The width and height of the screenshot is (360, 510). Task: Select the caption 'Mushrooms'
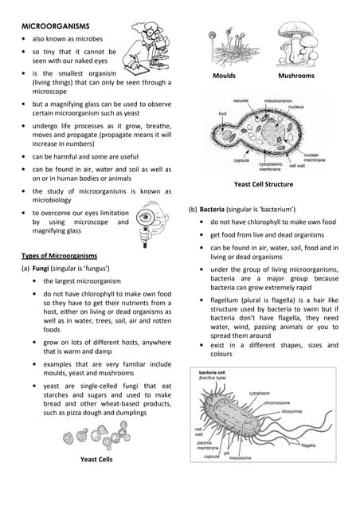click(295, 76)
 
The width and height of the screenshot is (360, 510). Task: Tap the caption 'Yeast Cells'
click(96, 460)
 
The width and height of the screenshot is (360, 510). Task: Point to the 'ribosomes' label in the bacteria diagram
click(292, 411)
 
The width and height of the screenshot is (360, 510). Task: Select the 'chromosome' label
click(276, 402)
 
